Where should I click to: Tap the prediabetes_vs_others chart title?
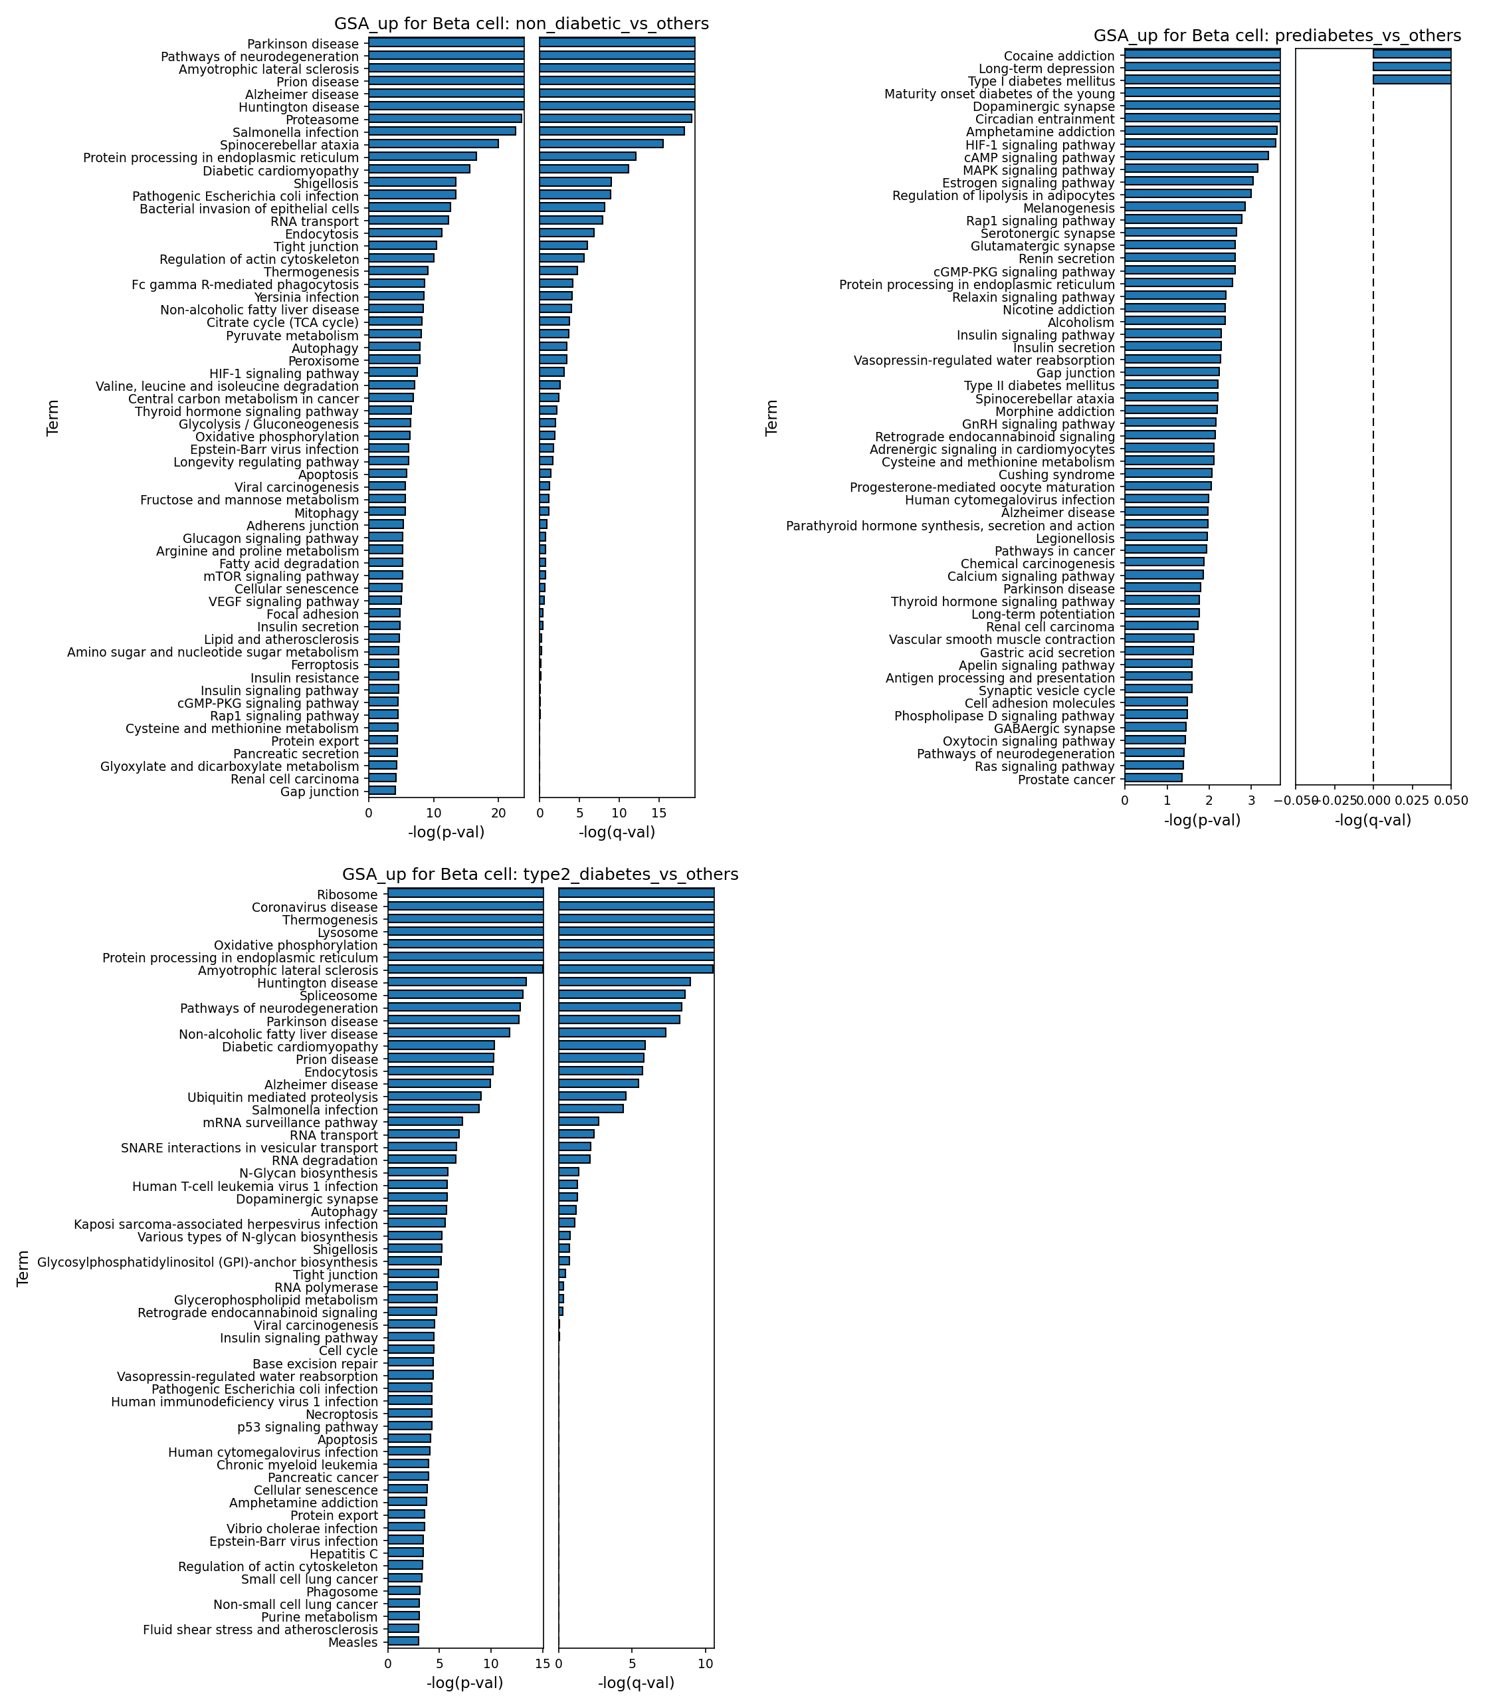1277,36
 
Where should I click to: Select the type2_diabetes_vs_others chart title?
540,875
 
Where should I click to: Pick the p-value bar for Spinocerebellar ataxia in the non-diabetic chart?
433,144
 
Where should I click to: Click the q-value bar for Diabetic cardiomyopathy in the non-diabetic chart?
584,169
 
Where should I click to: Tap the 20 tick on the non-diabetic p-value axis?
497,811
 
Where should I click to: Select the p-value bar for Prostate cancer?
1153,778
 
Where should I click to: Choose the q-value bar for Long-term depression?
1412,67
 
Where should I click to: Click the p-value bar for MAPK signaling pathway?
1191,169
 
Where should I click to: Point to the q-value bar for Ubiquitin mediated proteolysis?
593,1095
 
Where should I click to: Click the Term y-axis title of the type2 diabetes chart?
23,1267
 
